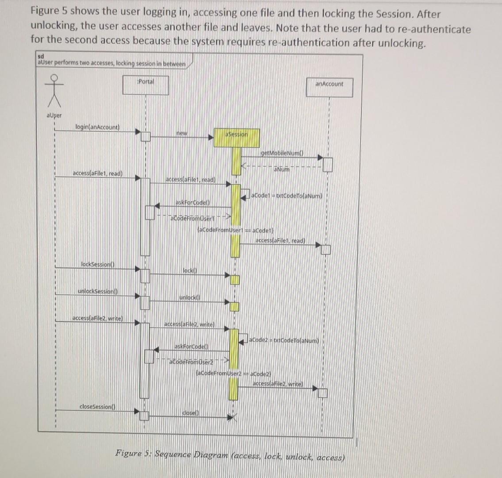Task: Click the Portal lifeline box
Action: tap(146, 85)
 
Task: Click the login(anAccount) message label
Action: tap(97, 127)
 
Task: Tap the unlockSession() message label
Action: tap(97, 291)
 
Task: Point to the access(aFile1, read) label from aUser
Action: tap(97, 173)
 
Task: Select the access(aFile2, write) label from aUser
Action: tap(97, 319)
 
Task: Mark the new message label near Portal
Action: tap(182, 133)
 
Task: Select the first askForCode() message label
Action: tap(192, 202)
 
